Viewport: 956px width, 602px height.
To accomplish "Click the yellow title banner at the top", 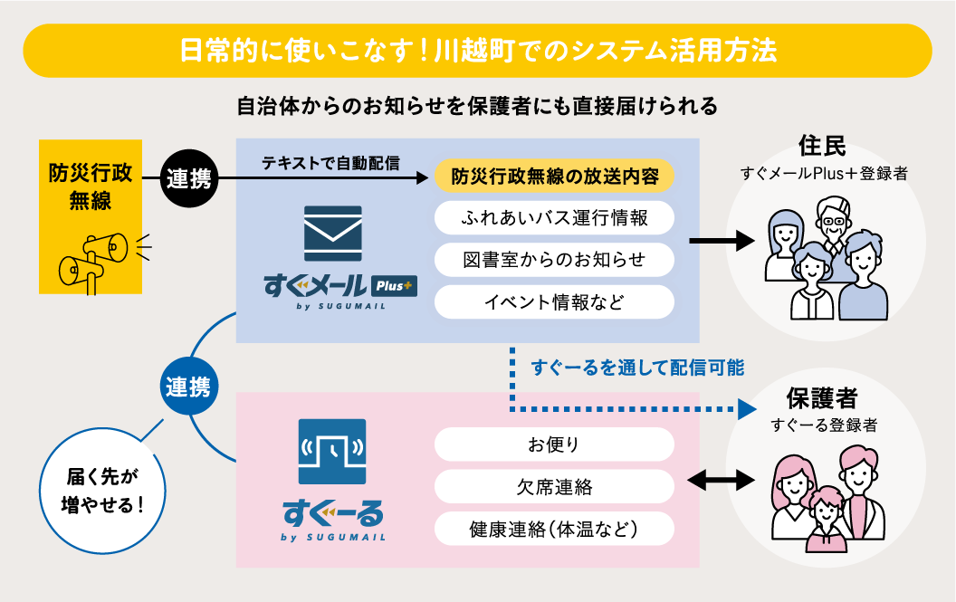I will (x=478, y=51).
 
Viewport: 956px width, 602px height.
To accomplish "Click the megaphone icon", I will (x=93, y=257).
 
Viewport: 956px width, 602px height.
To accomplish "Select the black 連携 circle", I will (x=188, y=178).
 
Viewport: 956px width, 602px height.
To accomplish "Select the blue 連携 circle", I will (x=188, y=387).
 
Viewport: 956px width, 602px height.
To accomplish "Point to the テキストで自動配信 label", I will (x=331, y=164).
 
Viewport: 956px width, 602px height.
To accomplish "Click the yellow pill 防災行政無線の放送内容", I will (x=555, y=176).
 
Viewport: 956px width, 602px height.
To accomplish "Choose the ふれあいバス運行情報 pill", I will (x=555, y=218).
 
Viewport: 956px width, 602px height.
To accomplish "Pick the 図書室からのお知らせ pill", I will (x=555, y=260).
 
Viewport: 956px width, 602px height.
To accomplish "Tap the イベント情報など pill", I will (x=555, y=301).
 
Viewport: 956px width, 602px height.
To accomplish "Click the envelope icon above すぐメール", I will (x=333, y=234).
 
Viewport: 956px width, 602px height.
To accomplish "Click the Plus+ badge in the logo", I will (x=393, y=285).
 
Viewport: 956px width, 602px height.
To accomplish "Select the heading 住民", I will (x=823, y=146).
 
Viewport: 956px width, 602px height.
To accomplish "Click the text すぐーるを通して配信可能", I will (x=638, y=367).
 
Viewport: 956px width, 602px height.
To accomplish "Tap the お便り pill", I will (x=555, y=444).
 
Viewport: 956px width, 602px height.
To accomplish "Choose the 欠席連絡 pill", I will (x=555, y=487).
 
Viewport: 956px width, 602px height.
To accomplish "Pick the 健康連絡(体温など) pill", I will (x=555, y=530).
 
